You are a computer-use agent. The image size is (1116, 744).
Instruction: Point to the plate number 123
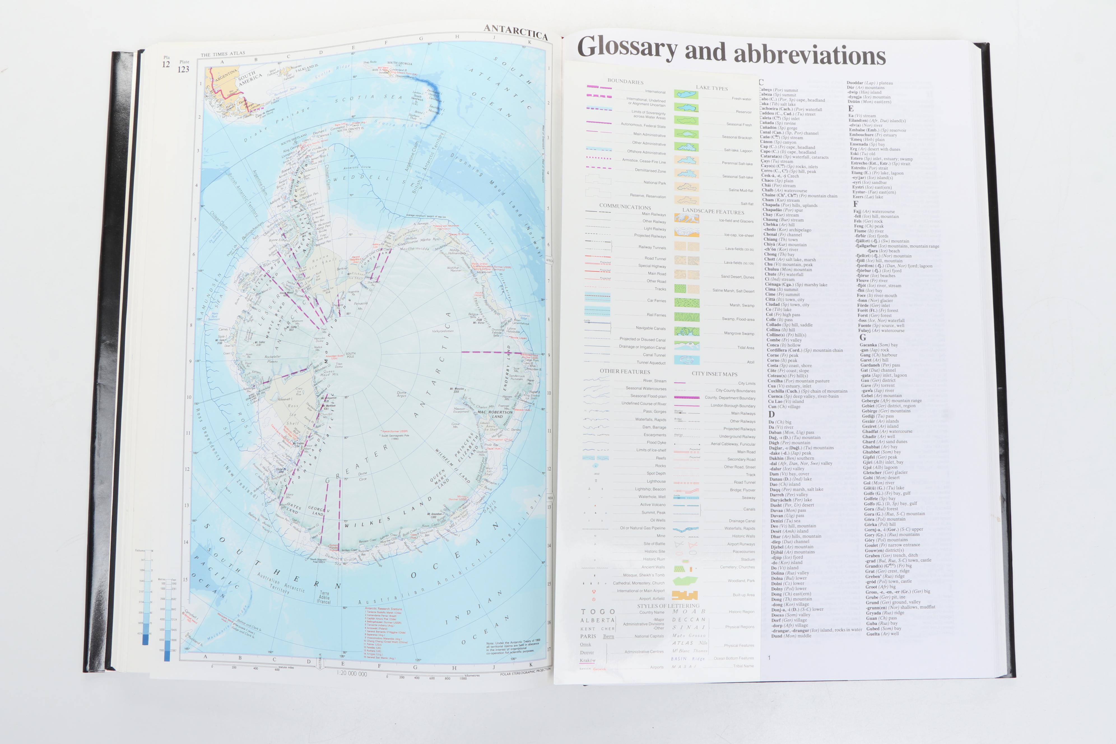click(183, 69)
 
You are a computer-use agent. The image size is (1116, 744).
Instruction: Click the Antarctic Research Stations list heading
click(383, 609)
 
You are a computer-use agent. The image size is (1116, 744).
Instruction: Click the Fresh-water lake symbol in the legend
click(686, 95)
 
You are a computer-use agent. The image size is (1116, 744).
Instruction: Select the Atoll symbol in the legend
click(686, 360)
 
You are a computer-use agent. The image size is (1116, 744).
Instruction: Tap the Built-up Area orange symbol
click(685, 595)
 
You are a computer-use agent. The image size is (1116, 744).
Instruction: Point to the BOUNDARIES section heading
click(626, 82)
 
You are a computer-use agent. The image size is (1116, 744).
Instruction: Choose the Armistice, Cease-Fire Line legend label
click(644, 161)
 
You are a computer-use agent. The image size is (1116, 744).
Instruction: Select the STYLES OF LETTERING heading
click(668, 606)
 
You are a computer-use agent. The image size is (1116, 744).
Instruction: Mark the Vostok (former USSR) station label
click(395, 431)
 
